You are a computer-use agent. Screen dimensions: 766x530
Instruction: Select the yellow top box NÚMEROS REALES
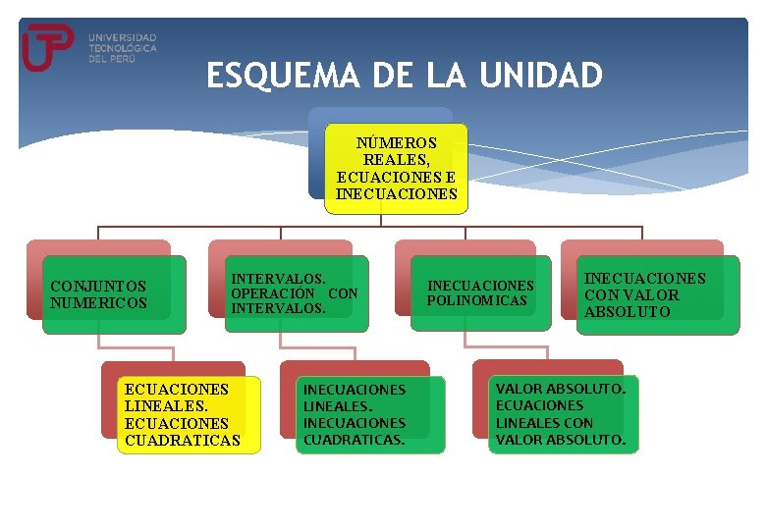point(396,168)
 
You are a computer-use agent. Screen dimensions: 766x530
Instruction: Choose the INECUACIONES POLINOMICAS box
point(479,292)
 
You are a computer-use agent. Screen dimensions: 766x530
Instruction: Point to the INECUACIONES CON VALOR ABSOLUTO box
point(657,294)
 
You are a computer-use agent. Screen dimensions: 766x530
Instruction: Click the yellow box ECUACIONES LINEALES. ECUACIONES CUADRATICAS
point(182,414)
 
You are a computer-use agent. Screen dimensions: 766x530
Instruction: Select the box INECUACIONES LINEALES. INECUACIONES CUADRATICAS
point(369,414)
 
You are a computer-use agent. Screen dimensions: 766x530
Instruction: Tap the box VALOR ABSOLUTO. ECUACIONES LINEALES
point(563,413)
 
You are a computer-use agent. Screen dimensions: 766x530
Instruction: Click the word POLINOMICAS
point(477,300)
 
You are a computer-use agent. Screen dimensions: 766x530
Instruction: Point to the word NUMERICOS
point(98,303)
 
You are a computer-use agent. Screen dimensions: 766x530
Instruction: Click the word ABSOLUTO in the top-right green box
point(628,312)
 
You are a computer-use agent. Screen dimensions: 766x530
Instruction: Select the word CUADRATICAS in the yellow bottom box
point(182,441)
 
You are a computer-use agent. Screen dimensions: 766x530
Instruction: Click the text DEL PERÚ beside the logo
point(111,59)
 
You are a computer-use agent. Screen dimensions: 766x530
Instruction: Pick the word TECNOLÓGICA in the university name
point(122,48)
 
